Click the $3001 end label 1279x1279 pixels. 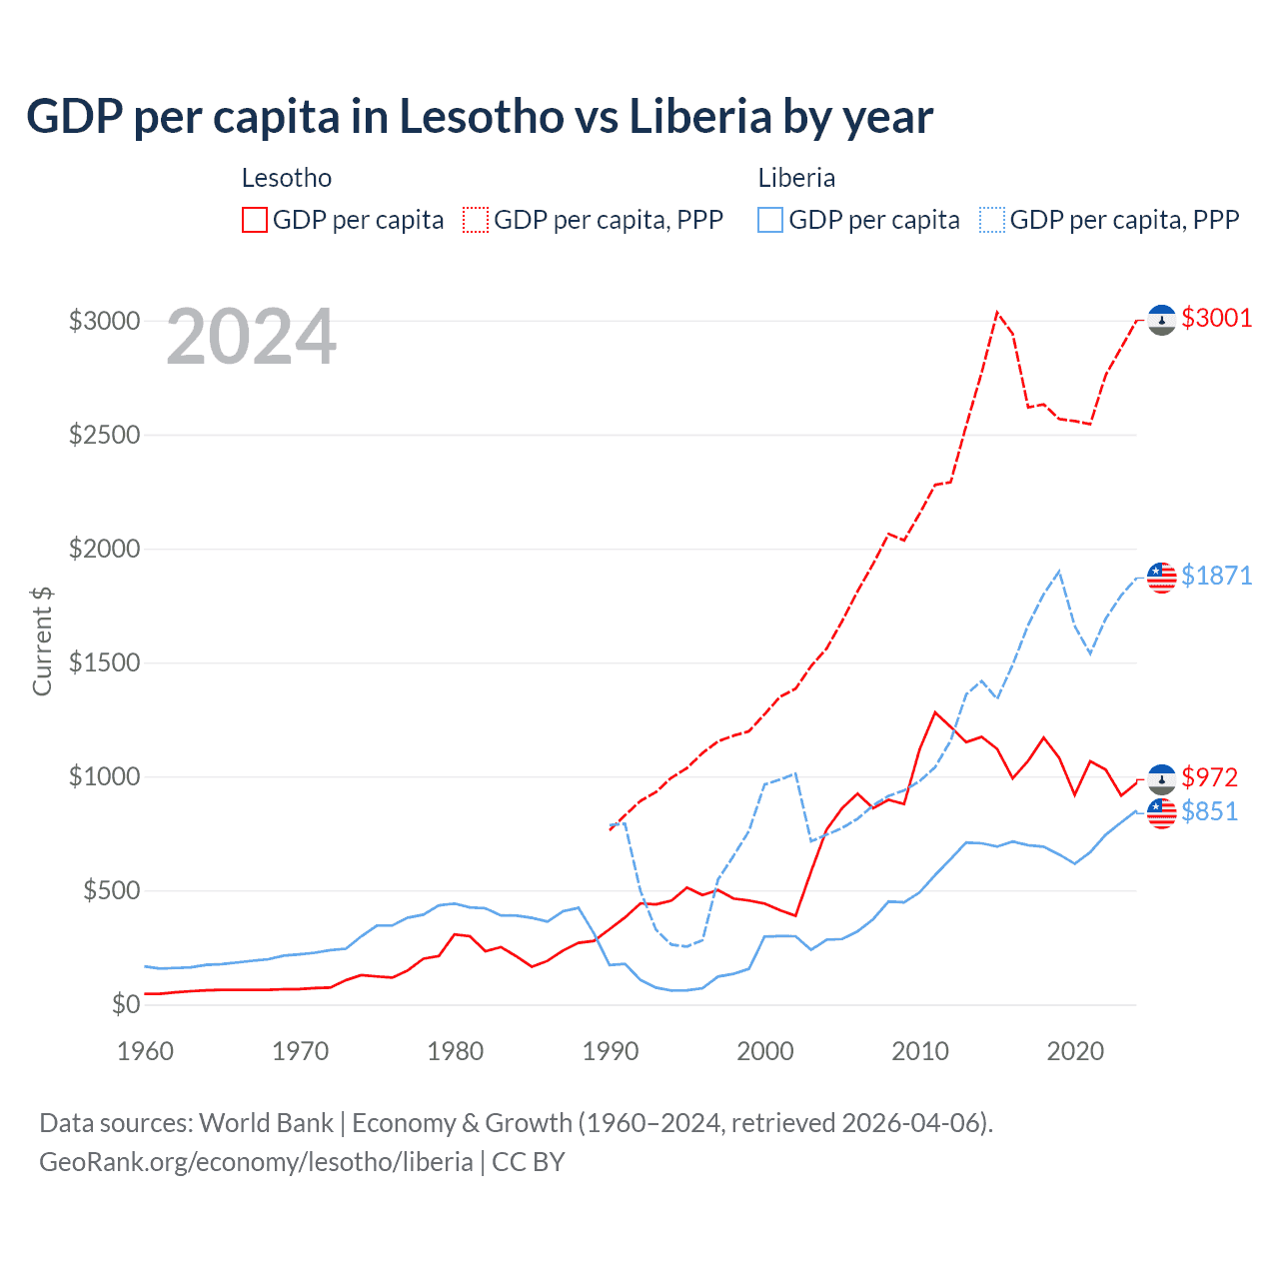point(1216,319)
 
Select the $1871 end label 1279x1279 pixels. point(1216,576)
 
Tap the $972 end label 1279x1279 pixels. point(1209,777)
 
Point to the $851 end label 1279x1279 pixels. point(1209,811)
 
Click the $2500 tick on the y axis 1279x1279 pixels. point(104,436)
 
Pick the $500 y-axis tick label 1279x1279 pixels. point(111,891)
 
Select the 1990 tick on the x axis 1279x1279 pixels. point(611,1051)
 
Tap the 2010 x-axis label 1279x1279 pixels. point(920,1051)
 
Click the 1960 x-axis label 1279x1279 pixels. point(146,1051)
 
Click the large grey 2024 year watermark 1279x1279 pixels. point(251,338)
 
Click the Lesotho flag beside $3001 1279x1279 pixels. point(1161,320)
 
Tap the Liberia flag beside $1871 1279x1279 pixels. point(1161,577)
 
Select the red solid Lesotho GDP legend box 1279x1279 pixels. point(255,220)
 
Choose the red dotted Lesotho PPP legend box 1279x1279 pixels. point(476,220)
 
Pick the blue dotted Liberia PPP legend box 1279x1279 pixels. point(992,220)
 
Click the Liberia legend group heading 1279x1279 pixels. point(796,178)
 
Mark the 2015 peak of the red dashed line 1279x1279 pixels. point(996,312)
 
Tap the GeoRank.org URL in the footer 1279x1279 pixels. point(256,1162)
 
